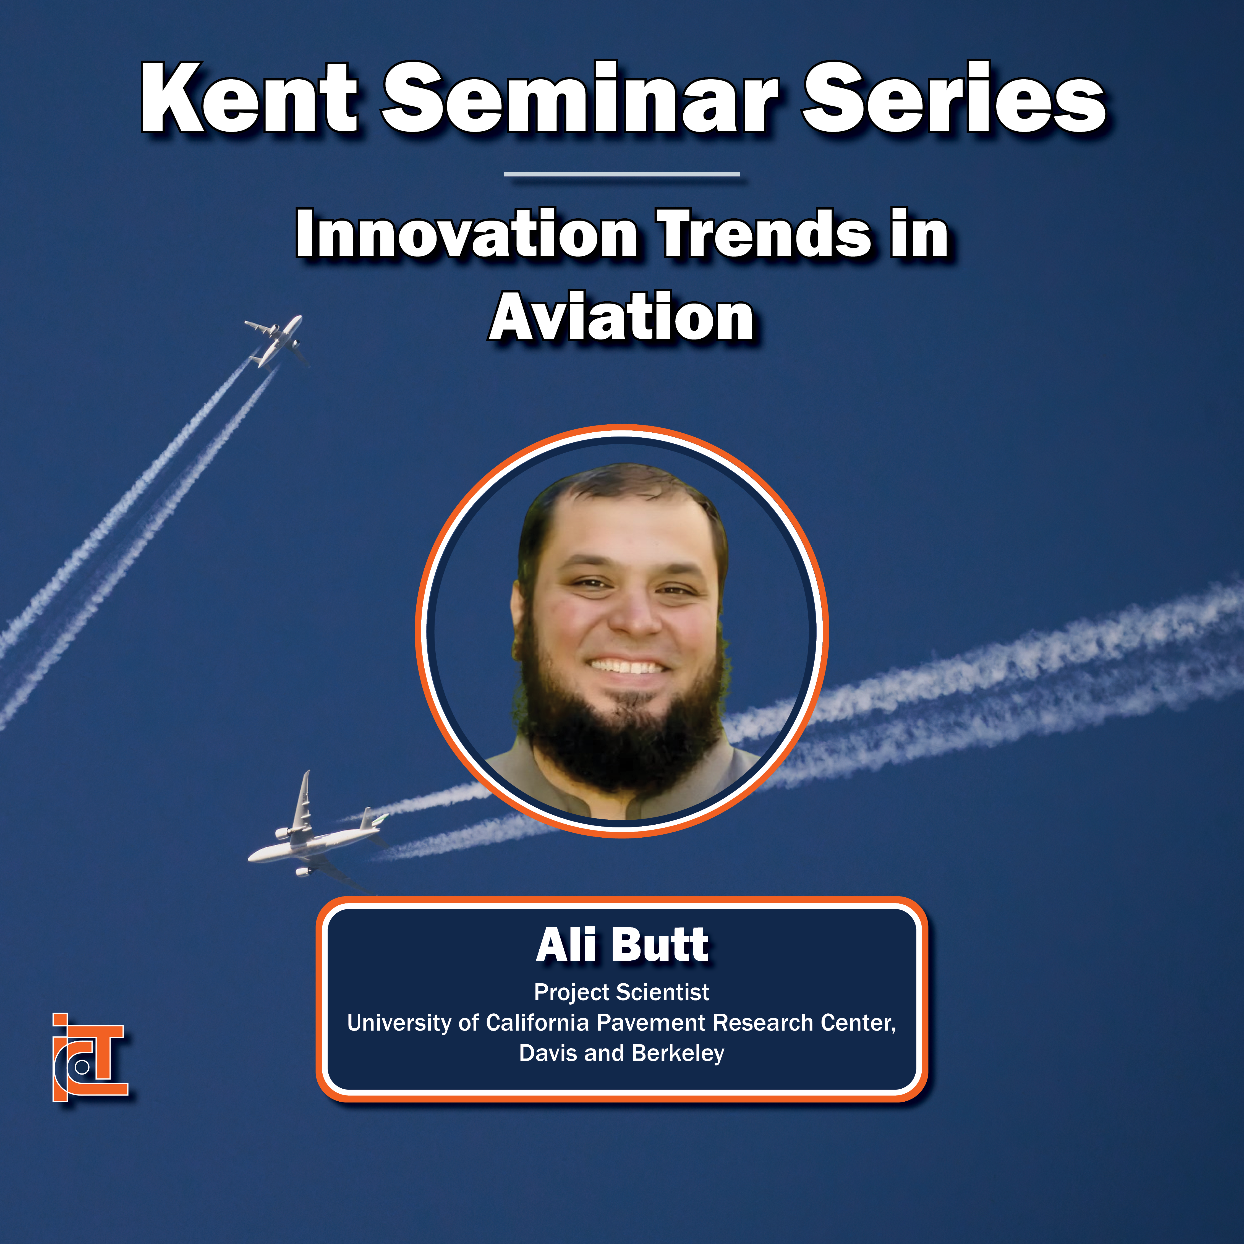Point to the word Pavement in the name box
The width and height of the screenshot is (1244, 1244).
point(652,1023)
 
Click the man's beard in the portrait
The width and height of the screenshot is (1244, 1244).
point(620,721)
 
